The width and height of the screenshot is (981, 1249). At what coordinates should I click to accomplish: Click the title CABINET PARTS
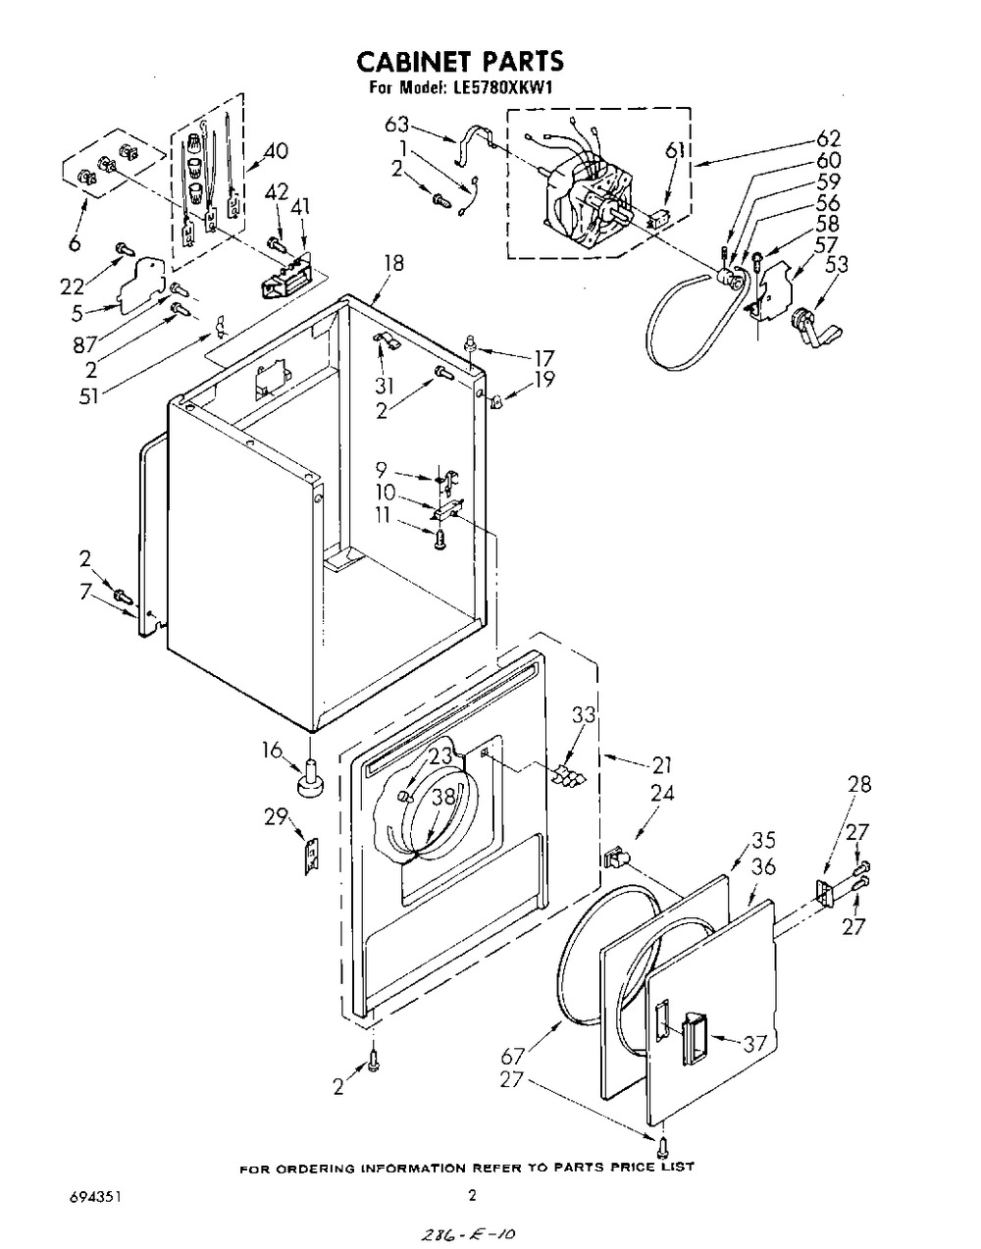[x=460, y=62]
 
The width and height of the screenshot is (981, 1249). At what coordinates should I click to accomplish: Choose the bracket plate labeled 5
[x=141, y=286]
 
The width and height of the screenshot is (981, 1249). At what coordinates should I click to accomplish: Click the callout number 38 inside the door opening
[x=443, y=796]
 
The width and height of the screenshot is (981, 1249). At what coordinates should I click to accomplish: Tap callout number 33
[x=584, y=715]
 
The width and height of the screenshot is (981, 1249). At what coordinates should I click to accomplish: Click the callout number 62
[x=827, y=139]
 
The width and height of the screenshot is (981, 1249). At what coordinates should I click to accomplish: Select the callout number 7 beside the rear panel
[x=86, y=591]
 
